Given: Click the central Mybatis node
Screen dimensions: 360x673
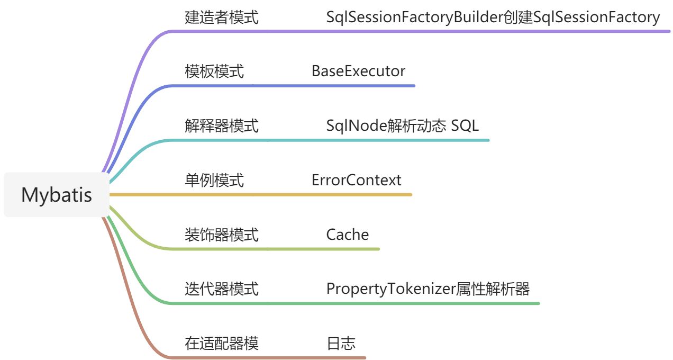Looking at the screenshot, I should tap(56, 195).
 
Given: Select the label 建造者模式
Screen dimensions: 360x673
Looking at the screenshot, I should tap(222, 17).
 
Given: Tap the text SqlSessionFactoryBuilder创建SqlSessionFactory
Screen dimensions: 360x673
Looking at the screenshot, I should tap(493, 17).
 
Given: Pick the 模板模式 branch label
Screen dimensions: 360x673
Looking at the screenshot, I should tap(214, 71).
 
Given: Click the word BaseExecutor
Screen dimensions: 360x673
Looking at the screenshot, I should tap(358, 71).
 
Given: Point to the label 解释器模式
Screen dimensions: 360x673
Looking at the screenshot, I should tap(222, 126).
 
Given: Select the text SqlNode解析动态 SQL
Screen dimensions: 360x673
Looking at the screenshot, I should tap(402, 126).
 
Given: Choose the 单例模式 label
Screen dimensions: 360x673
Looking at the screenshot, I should tap(214, 181).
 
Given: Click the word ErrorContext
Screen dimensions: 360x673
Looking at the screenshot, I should tap(356, 181).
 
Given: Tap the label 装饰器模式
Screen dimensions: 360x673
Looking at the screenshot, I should tap(222, 235).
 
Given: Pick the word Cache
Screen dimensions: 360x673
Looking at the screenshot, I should tap(347, 235).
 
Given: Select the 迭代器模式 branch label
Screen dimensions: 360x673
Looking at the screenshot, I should tap(222, 289).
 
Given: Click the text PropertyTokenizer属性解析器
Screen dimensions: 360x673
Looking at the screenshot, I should tap(428, 289).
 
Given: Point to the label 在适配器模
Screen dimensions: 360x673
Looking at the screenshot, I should tap(222, 344).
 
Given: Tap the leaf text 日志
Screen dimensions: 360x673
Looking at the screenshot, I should tap(341, 344).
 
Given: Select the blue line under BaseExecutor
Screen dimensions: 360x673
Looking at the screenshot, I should tap(360, 86).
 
